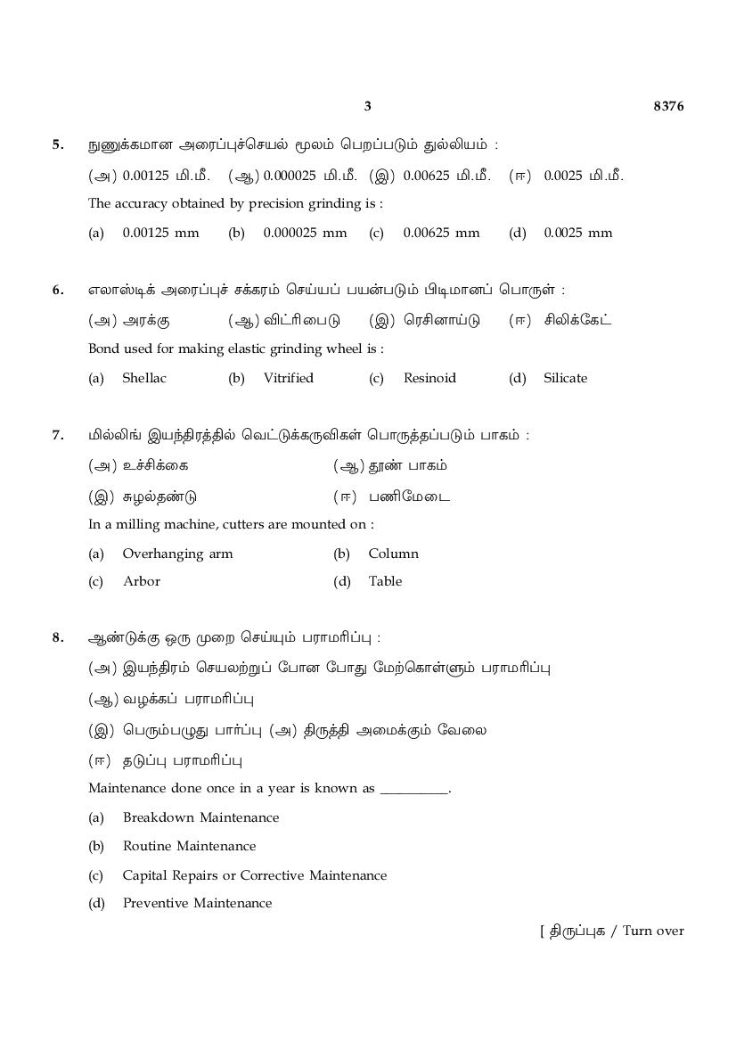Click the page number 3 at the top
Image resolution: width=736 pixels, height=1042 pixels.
[x=367, y=107]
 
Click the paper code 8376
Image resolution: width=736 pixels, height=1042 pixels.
[x=668, y=107]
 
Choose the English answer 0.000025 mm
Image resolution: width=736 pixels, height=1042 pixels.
[x=305, y=233]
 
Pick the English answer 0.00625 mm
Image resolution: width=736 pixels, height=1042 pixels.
[x=441, y=233]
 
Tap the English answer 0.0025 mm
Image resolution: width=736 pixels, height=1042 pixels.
[x=577, y=233]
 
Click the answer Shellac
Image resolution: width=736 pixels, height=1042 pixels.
[x=144, y=378]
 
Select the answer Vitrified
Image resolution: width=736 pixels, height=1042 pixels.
[x=288, y=378]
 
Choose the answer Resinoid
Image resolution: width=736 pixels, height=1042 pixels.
[x=429, y=378]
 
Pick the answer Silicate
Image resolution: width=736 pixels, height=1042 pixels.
[x=565, y=378]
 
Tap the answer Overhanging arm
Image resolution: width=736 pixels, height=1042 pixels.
[x=177, y=554]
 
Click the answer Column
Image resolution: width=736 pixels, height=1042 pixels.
[x=393, y=554]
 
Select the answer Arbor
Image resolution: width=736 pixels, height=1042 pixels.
[x=142, y=581]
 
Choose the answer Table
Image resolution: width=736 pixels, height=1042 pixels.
[x=385, y=581]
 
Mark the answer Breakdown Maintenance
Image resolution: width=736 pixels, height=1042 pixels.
[x=200, y=817]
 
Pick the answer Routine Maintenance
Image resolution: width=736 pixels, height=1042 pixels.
[x=189, y=846]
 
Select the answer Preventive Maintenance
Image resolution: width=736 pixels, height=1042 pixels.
[x=197, y=903]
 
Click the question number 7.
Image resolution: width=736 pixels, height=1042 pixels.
[x=58, y=435]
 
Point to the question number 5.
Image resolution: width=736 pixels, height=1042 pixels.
[x=58, y=144]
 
